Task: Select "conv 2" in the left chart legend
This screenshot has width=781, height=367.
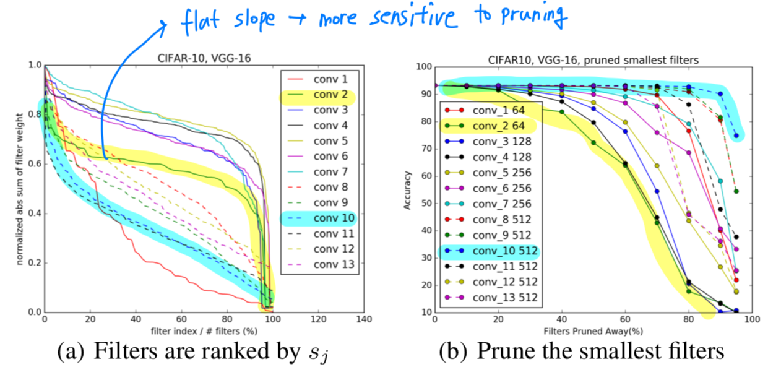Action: tap(331, 95)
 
